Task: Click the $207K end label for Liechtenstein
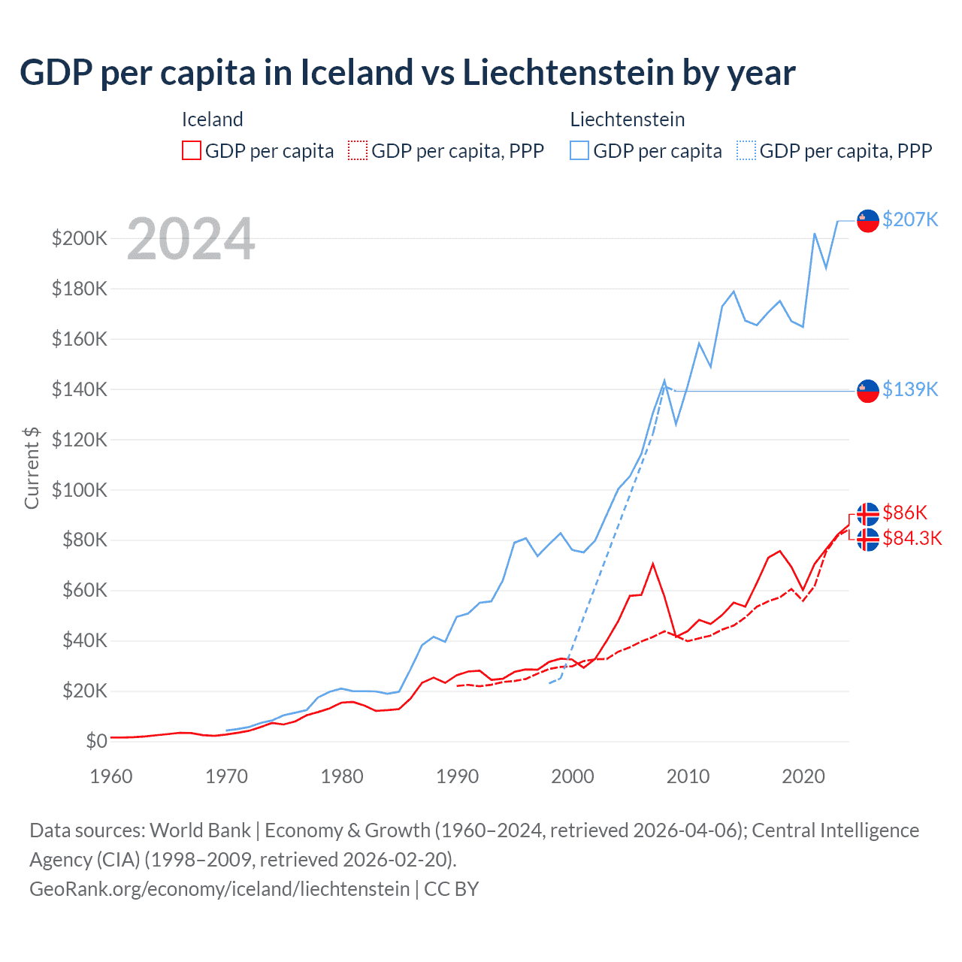pyautogui.click(x=910, y=219)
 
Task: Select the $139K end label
pyautogui.click(x=910, y=389)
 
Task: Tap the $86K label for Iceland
pyautogui.click(x=905, y=513)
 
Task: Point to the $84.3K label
pyautogui.click(x=912, y=538)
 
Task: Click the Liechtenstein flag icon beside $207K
pyautogui.click(x=868, y=221)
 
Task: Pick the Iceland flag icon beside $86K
pyautogui.click(x=868, y=514)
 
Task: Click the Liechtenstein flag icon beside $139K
pyautogui.click(x=868, y=391)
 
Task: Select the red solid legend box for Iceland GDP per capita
pyautogui.click(x=192, y=150)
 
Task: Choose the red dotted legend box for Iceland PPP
pyautogui.click(x=358, y=150)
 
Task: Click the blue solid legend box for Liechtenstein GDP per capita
pyautogui.click(x=579, y=150)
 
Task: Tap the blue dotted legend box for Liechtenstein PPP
pyautogui.click(x=746, y=150)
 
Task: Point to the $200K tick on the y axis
pyautogui.click(x=80, y=239)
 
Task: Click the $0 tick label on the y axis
pyautogui.click(x=96, y=741)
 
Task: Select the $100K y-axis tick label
pyautogui.click(x=80, y=490)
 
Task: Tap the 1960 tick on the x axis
pyautogui.click(x=111, y=776)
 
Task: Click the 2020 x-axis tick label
pyautogui.click(x=803, y=776)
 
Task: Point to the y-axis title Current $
pyautogui.click(x=32, y=467)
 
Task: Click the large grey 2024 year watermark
pyautogui.click(x=191, y=239)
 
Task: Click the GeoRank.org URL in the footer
pyautogui.click(x=219, y=888)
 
